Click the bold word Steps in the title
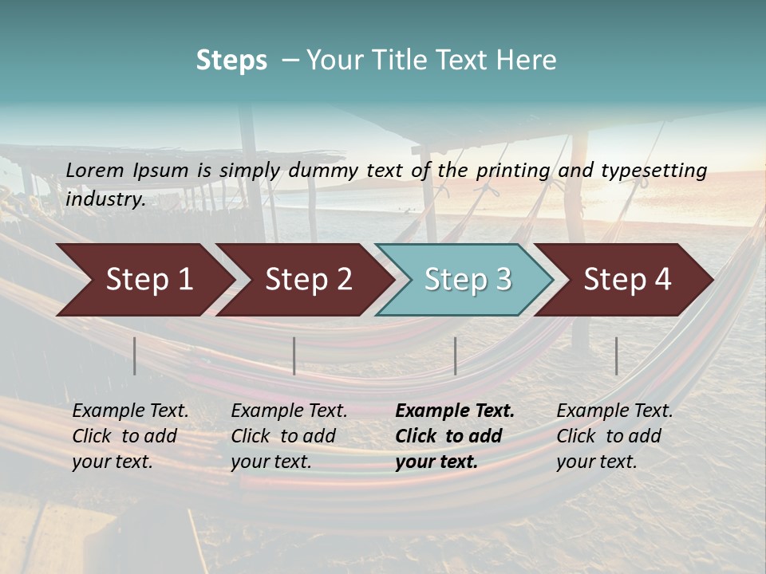(231, 61)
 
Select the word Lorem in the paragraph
(95, 170)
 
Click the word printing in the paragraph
(513, 170)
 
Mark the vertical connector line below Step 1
(135, 356)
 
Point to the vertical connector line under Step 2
(294, 356)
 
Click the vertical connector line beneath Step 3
(456, 356)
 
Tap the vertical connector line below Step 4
(617, 356)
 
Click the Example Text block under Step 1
(130, 436)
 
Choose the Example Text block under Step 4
(614, 436)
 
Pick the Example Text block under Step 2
(289, 436)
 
